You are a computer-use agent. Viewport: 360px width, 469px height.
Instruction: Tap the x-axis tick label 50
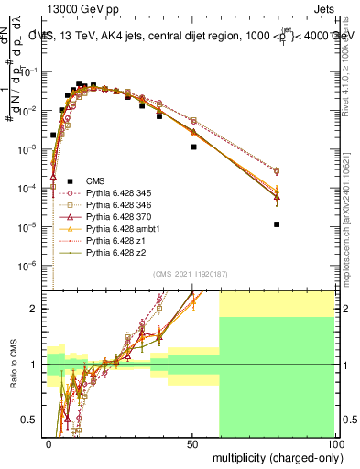[192, 443]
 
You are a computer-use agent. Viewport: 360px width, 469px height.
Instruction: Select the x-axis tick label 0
[49, 443]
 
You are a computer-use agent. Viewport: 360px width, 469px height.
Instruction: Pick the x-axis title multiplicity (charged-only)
[274, 456]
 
